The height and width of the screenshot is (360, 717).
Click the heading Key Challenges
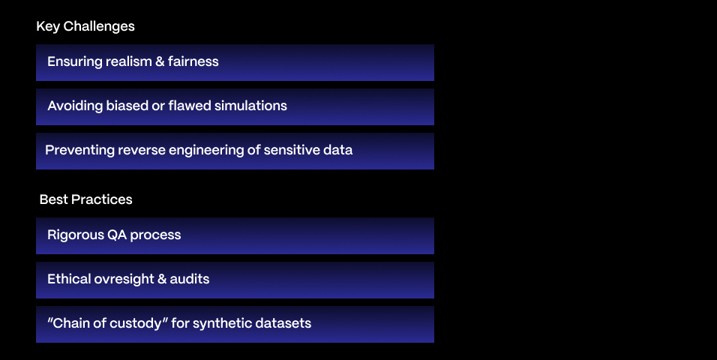[x=85, y=26]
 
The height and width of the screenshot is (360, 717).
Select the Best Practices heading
[x=86, y=199]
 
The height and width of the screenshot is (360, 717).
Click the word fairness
[x=193, y=61]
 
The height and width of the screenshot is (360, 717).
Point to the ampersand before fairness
[x=160, y=61]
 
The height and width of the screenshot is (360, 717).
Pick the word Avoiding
[x=75, y=106]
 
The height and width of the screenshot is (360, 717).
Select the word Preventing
[x=79, y=150]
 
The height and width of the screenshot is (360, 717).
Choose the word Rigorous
[x=76, y=235]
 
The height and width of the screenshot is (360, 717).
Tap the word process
[x=155, y=235]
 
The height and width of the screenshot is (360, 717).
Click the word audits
[x=189, y=279]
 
